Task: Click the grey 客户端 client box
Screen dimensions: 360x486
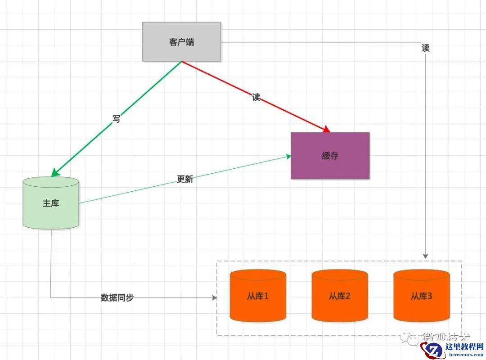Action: (181, 42)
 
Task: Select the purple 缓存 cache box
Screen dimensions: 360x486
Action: (330, 156)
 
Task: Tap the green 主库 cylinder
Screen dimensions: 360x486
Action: (51, 203)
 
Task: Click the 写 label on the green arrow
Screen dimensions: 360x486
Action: (117, 120)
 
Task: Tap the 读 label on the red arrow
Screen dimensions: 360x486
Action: (256, 97)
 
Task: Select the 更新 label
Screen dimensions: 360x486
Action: (185, 179)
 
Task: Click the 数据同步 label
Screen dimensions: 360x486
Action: (117, 297)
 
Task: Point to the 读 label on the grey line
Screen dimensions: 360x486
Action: (426, 48)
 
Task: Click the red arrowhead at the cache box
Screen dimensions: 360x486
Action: (327, 130)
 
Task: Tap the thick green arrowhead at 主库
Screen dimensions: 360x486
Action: (54, 173)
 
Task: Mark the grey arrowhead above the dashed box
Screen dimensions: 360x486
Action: (426, 256)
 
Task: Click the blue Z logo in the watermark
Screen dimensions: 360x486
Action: (434, 350)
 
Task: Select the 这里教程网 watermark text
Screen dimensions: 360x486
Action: (465, 346)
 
